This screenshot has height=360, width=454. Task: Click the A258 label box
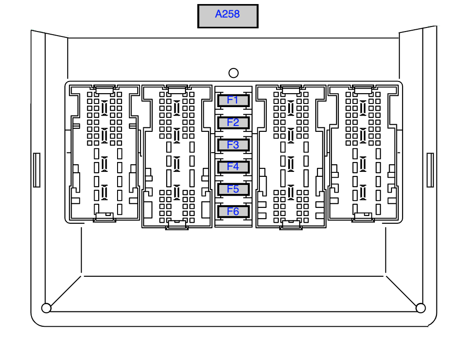click(x=227, y=16)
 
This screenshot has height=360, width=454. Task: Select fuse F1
click(x=233, y=100)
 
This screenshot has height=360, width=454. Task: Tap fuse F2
click(x=233, y=123)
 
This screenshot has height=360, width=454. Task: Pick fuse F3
click(x=233, y=145)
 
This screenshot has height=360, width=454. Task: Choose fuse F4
click(x=233, y=167)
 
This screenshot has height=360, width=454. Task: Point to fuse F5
click(x=233, y=189)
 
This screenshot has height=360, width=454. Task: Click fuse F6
click(x=233, y=211)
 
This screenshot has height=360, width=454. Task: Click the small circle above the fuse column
click(x=233, y=73)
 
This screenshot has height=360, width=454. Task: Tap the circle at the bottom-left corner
click(x=46, y=308)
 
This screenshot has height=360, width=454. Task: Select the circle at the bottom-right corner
click(x=420, y=308)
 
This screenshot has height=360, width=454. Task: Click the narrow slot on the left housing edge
click(x=37, y=170)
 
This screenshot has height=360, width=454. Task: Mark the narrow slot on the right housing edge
click(x=430, y=170)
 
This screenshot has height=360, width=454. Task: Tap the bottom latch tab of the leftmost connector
click(x=104, y=217)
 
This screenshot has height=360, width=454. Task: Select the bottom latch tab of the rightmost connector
click(x=363, y=217)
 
